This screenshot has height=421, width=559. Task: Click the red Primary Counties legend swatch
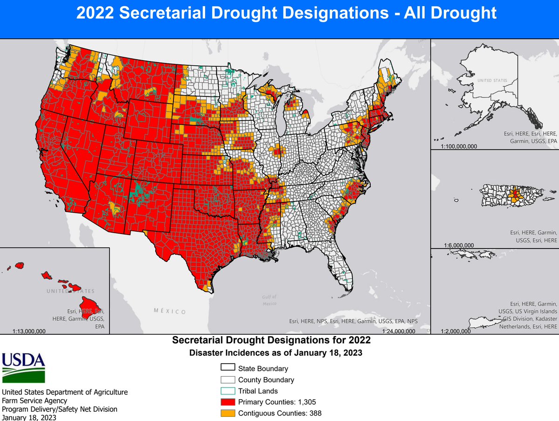pyautogui.click(x=228, y=402)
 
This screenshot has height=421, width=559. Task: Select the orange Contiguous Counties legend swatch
pyautogui.click(x=228, y=413)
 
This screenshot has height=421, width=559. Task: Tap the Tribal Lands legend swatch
pyautogui.click(x=228, y=391)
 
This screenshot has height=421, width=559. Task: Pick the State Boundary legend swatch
pyautogui.click(x=228, y=368)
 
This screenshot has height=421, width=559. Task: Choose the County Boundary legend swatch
pyautogui.click(x=228, y=380)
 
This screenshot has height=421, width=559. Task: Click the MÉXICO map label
pyautogui.click(x=170, y=311)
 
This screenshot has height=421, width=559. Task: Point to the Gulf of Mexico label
pyautogui.click(x=269, y=299)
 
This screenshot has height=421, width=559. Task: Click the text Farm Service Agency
pyautogui.click(x=35, y=400)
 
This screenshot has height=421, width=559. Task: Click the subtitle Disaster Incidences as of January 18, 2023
pyautogui.click(x=276, y=353)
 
